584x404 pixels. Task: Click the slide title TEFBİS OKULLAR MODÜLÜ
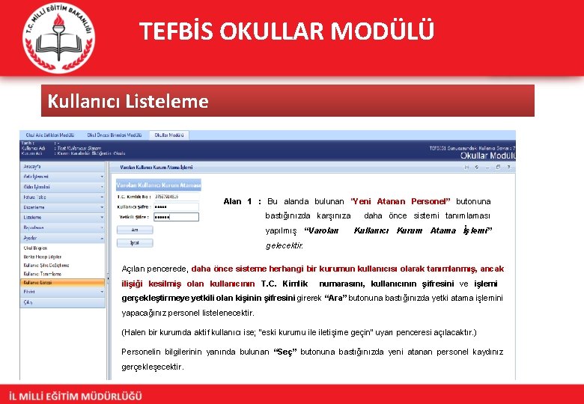coord(286,31)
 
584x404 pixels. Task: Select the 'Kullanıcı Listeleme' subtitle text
coord(128,101)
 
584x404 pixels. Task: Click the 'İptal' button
coord(135,242)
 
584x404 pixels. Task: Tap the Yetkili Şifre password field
coord(176,217)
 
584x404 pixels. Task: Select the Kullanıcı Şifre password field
coord(176,206)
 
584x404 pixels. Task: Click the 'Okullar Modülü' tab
coord(168,135)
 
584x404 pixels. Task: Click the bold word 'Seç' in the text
coord(286,352)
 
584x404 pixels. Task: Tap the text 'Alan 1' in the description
coord(237,201)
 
